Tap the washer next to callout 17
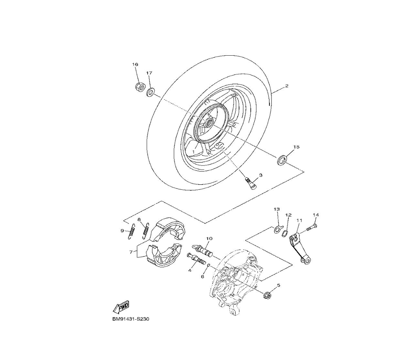150,92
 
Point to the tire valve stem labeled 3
250,183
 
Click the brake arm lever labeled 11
300,248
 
